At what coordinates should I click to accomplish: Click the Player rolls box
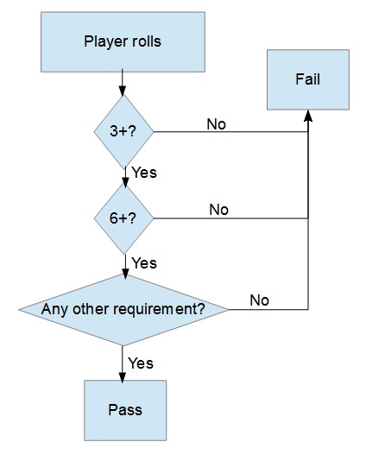tap(123, 41)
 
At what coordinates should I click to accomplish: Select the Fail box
tap(308, 79)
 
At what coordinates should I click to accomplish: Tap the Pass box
tap(125, 410)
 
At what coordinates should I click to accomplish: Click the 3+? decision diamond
tap(123, 132)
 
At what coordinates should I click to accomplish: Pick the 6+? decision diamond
tap(123, 218)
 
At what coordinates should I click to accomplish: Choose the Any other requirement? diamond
tap(123, 310)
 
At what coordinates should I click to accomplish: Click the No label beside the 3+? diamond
tap(217, 124)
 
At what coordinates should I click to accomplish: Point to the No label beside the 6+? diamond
tap(219, 210)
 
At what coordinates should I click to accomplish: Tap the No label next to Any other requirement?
tap(260, 300)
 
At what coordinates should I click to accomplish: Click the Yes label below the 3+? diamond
tap(144, 173)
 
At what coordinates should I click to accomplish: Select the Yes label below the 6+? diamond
tap(144, 262)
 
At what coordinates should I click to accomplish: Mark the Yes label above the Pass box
tap(141, 363)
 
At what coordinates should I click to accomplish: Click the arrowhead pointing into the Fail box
tap(308, 116)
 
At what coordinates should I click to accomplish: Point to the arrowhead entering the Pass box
tap(123, 377)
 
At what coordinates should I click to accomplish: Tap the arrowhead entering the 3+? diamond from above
tap(123, 91)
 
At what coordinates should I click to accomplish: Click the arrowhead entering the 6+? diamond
tap(125, 182)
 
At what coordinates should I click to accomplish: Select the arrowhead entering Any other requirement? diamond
tap(125, 274)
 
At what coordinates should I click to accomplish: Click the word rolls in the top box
tap(147, 41)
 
